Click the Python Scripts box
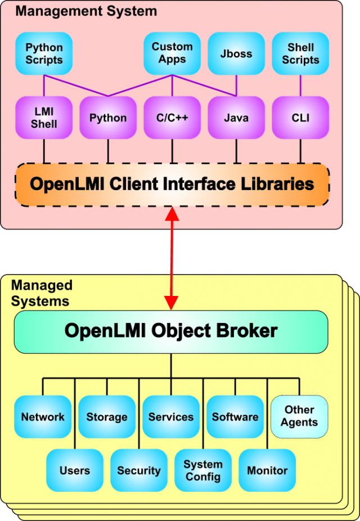point(44,53)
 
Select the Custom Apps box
point(172,53)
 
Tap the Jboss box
point(236,53)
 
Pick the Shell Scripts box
point(300,53)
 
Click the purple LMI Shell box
point(44,118)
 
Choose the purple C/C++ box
point(172,118)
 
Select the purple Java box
point(236,118)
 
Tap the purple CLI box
point(300,118)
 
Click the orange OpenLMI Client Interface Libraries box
point(172,185)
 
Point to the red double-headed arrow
point(172,258)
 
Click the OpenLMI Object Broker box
point(171,331)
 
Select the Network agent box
point(43,417)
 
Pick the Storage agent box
point(107,417)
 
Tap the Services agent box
point(171,417)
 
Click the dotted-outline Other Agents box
point(299,417)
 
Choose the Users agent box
point(75,470)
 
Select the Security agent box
point(139,470)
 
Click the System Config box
point(203,470)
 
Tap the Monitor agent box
point(267,470)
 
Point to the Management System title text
point(86,11)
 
